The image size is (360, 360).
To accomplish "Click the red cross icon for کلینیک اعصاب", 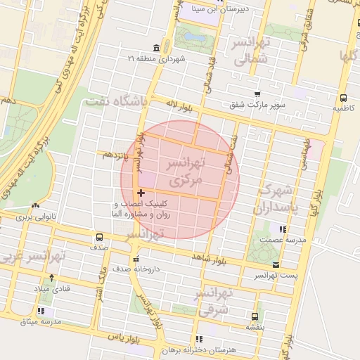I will coord(141,192).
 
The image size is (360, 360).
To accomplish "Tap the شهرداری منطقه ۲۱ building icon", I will coord(155,48).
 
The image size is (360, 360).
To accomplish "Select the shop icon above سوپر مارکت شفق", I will coord(257,94).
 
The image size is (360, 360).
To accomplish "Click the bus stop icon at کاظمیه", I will coord(342,98).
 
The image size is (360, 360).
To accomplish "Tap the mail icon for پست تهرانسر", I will coord(276,265).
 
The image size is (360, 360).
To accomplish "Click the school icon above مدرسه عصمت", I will coord(283,229).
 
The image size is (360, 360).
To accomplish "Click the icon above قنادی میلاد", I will coord(49,277).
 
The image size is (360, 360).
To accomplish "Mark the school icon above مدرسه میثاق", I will coord(41,310).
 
